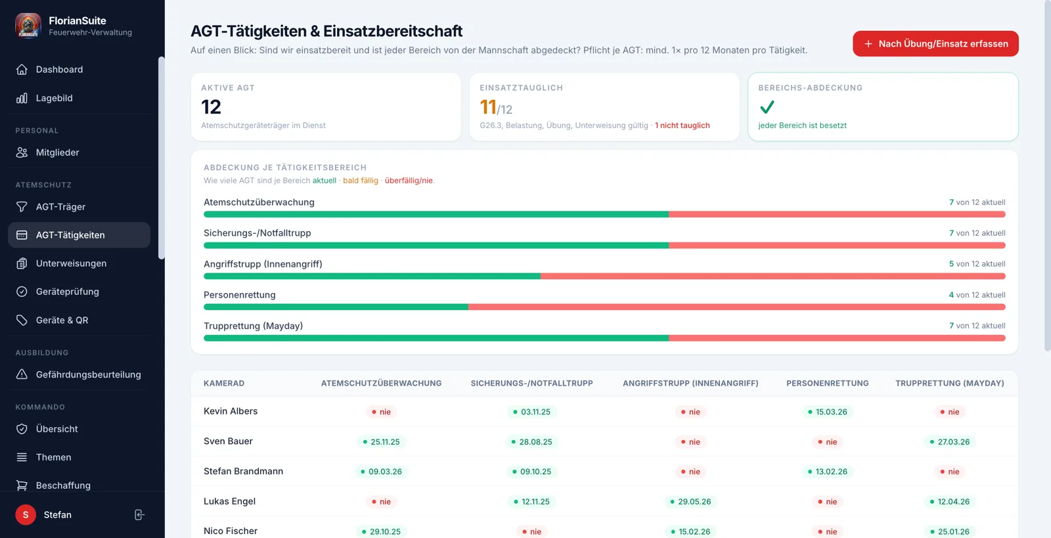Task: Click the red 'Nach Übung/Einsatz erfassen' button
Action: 935,43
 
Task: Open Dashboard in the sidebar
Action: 59,70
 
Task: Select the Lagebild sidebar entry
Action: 54,98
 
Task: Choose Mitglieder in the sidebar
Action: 57,152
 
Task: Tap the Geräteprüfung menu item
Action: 67,291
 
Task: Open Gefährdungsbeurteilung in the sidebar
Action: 88,374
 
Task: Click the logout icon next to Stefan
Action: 139,514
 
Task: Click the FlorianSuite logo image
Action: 28,26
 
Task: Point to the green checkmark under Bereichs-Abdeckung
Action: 767,108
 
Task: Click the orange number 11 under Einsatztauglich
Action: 488,108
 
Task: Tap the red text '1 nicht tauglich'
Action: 682,125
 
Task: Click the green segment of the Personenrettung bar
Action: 336,307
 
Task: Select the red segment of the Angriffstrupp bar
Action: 772,277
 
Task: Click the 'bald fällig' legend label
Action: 361,181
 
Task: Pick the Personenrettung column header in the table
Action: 827,383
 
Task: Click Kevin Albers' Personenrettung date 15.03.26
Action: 827,412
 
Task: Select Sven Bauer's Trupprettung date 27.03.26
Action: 950,442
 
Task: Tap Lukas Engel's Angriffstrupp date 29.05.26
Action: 690,501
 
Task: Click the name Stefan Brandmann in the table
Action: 243,471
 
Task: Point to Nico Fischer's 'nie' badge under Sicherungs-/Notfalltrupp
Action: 531,531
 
